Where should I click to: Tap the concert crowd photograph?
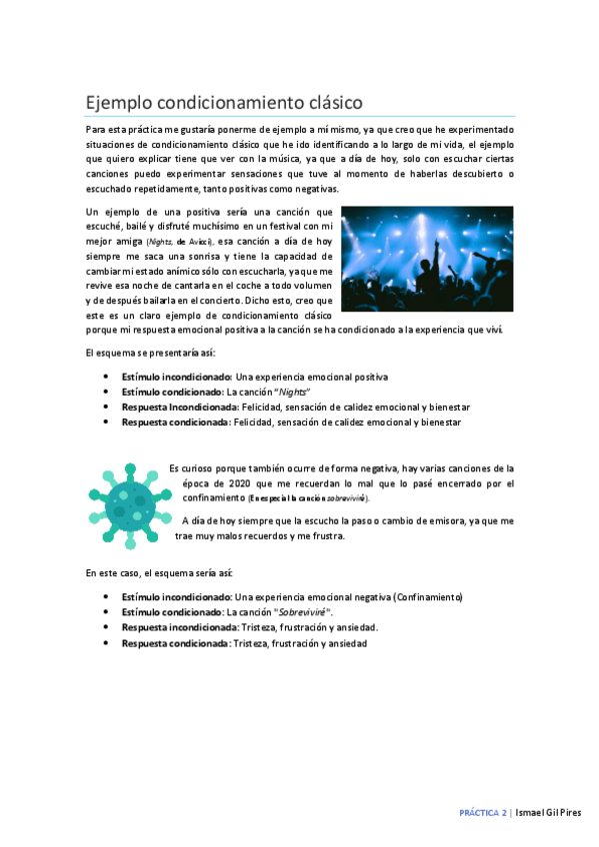[x=426, y=259]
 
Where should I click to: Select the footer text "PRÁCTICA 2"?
[x=483, y=813]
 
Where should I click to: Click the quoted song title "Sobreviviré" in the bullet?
[x=303, y=611]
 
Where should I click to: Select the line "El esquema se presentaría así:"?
[x=145, y=354]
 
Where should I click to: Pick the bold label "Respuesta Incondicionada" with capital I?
[x=176, y=407]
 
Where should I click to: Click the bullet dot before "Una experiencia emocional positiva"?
[x=107, y=377]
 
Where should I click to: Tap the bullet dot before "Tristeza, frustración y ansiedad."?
[x=107, y=627]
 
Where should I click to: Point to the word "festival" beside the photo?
[x=268, y=227]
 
